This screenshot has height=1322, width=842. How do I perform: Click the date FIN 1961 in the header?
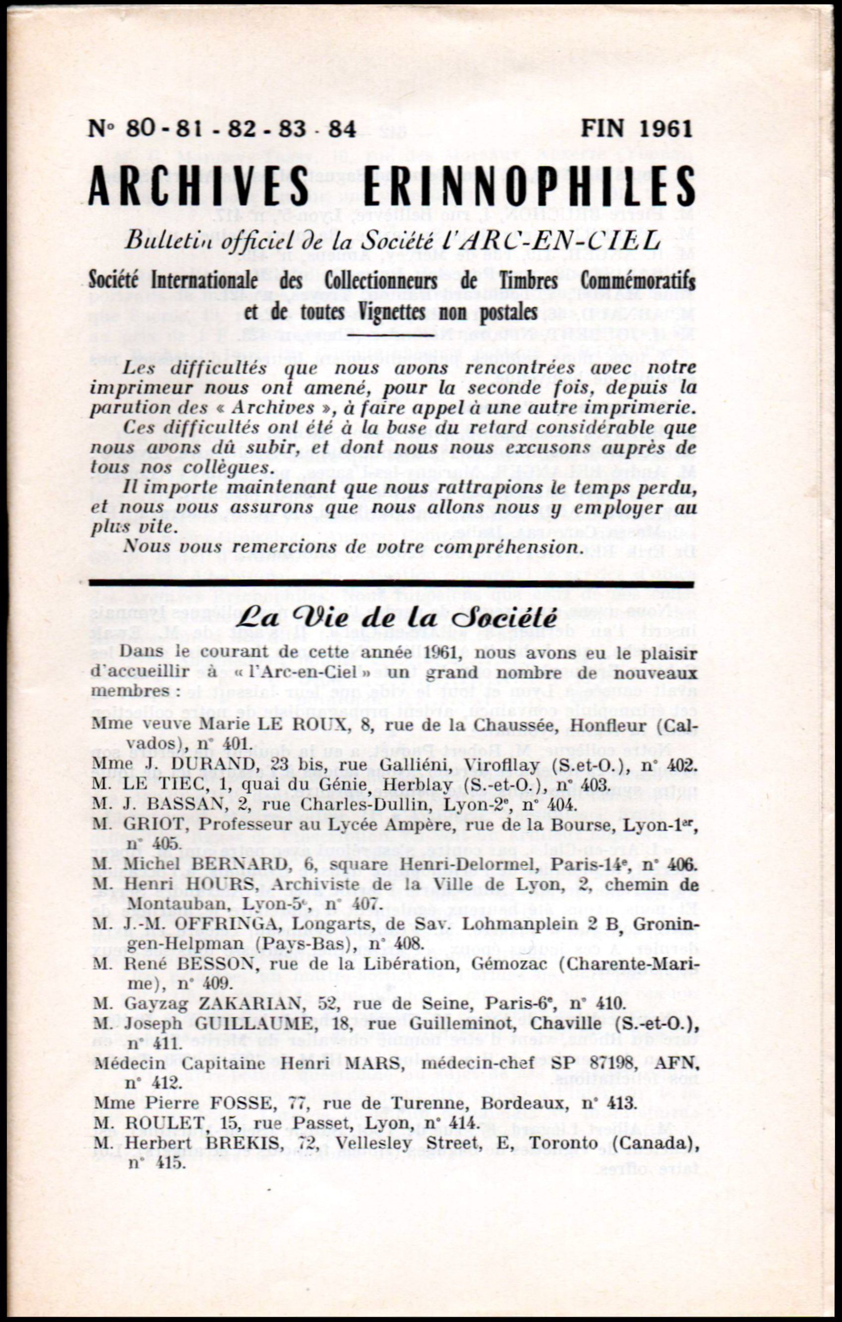point(637,129)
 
